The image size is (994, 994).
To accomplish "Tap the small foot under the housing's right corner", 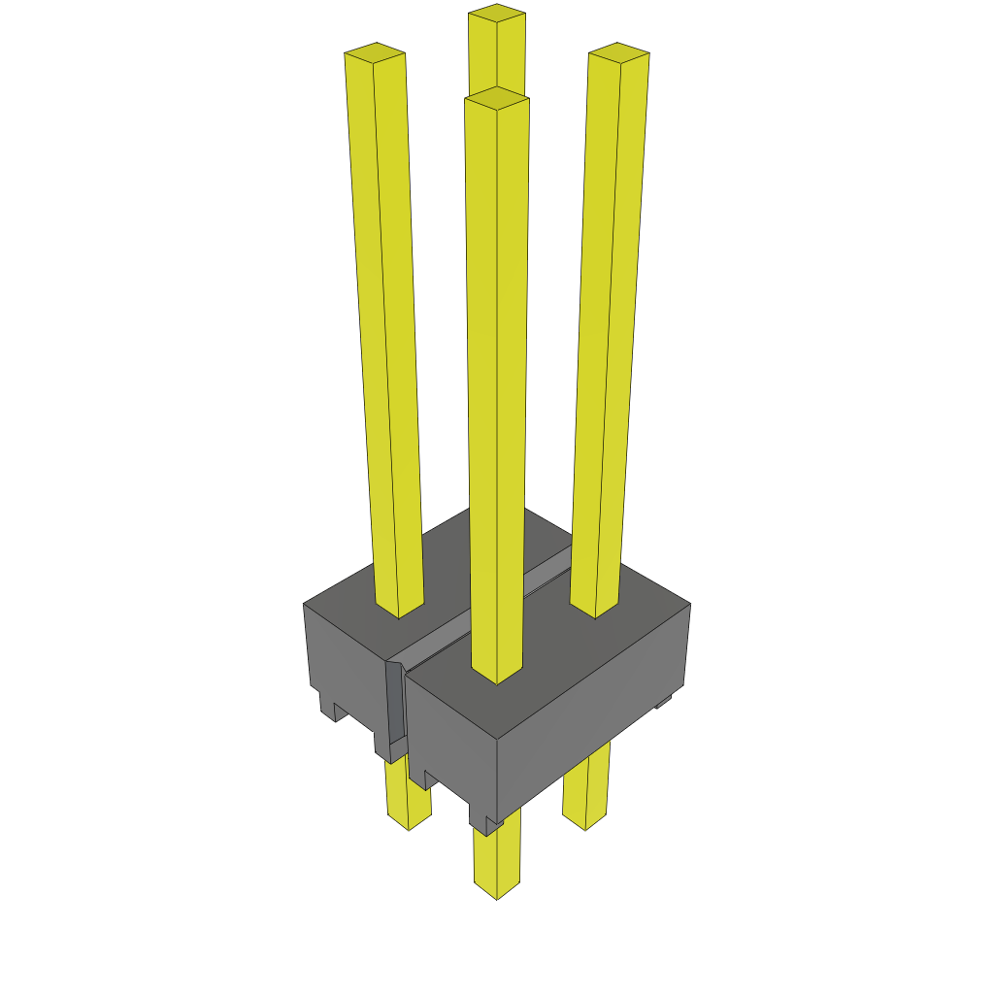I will click(663, 701).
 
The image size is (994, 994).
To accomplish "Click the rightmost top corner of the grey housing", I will click(689, 605).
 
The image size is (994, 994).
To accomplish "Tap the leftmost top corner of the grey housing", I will click(305, 604).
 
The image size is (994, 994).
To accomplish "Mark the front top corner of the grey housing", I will click(497, 740).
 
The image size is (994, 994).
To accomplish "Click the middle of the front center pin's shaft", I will click(497, 388).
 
